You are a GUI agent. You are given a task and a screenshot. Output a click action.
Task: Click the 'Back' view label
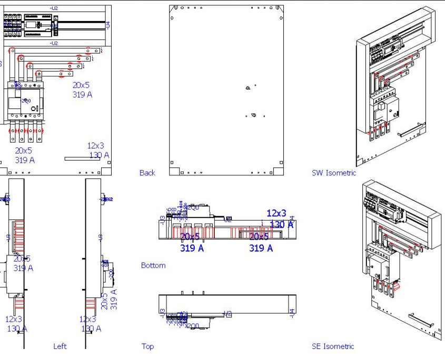pyautogui.click(x=147, y=173)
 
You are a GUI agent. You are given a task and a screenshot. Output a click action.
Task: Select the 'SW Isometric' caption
pyautogui.click(x=333, y=173)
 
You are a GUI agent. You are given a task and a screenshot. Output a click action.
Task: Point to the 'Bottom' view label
pyautogui.click(x=153, y=265)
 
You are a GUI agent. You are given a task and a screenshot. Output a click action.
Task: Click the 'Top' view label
pyautogui.click(x=148, y=346)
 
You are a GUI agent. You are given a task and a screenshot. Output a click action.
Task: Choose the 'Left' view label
pyautogui.click(x=60, y=346)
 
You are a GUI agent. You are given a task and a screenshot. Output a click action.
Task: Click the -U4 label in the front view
pyautogui.click(x=107, y=24)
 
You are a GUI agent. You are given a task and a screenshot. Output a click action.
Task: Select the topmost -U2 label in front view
pyautogui.click(x=54, y=8)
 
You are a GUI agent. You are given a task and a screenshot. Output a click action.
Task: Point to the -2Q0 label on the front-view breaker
pyautogui.click(x=26, y=101)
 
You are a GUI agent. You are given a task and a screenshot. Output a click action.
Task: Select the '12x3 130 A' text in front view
pyautogui.click(x=98, y=150)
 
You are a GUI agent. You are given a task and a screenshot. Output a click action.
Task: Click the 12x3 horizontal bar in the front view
pyautogui.click(x=82, y=158)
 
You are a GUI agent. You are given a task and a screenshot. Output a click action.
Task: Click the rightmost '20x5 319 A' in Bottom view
pyautogui.click(x=261, y=243)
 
